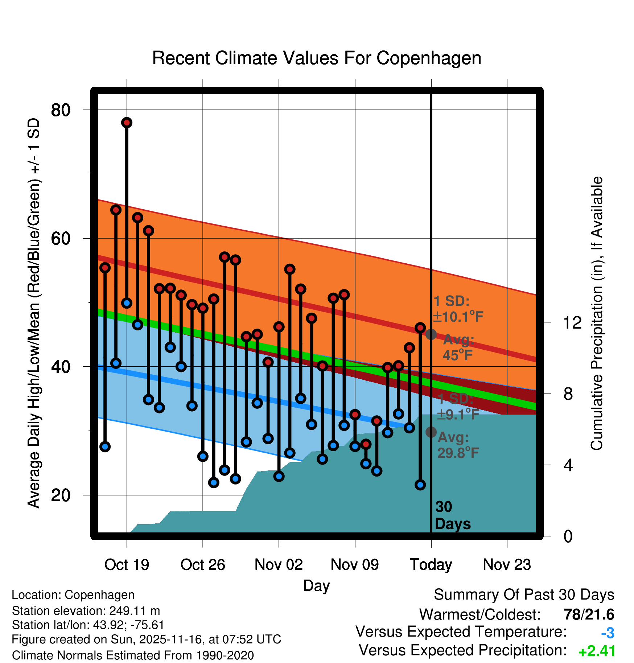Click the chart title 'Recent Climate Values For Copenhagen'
click(317, 58)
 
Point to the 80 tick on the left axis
click(61, 110)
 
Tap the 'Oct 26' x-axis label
click(203, 565)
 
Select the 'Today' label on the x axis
click(431, 565)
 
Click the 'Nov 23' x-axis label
click(507, 565)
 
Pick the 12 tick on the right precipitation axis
click(572, 322)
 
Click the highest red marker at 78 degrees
click(127, 123)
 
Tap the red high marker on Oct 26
click(203, 308)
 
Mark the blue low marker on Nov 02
click(279, 476)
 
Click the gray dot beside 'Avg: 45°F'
click(431, 334)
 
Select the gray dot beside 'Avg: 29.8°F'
click(431, 432)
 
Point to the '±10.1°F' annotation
click(458, 317)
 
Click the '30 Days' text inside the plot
click(452, 515)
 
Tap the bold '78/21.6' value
click(589, 614)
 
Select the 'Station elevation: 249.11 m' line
click(86, 611)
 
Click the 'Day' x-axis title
click(316, 586)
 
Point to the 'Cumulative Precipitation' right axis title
click(597, 314)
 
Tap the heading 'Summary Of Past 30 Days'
click(524, 595)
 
